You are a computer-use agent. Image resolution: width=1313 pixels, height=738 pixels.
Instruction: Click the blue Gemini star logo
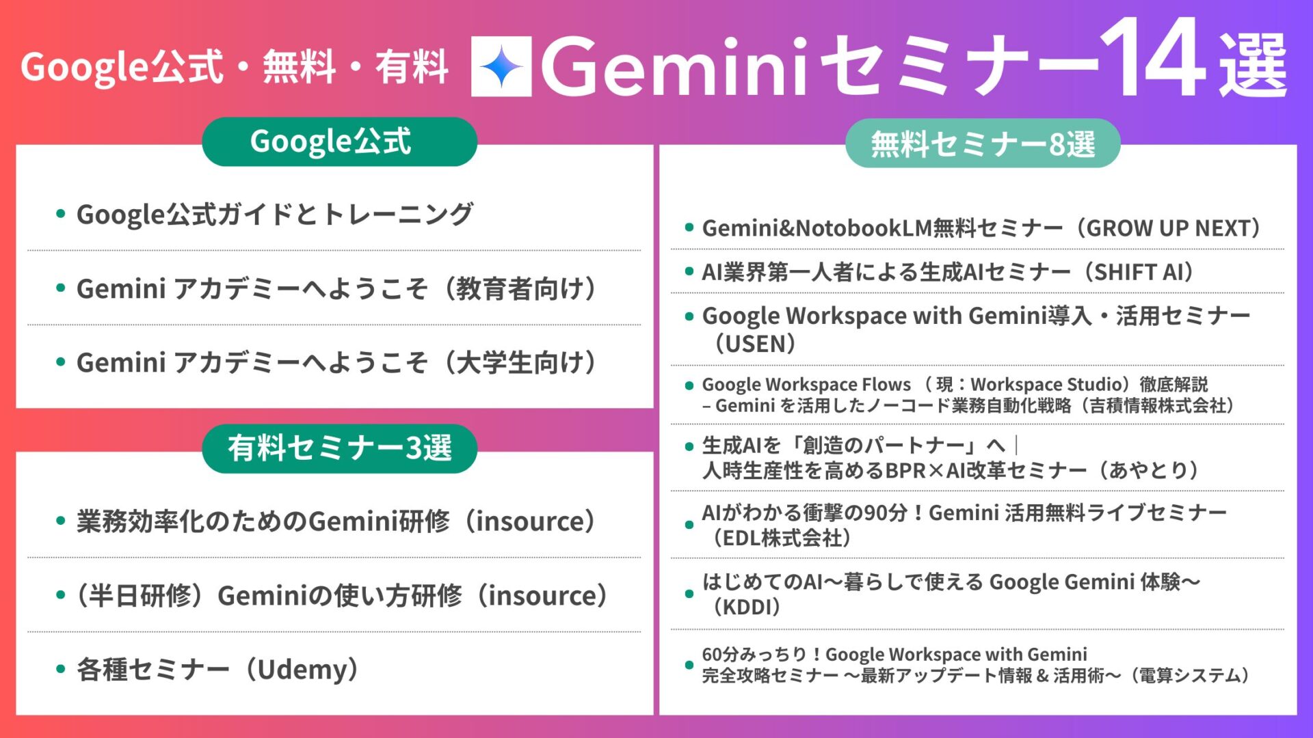click(x=501, y=66)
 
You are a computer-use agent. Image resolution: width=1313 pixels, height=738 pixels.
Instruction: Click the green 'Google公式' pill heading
click(x=339, y=141)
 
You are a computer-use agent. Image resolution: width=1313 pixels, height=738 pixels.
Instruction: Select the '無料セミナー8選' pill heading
click(x=983, y=143)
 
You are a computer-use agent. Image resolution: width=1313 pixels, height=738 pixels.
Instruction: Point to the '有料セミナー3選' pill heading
click(x=339, y=448)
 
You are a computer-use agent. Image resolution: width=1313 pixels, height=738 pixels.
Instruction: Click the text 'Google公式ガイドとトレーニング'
click(x=274, y=214)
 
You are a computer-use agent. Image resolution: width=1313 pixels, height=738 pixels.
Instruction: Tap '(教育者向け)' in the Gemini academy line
click(x=522, y=288)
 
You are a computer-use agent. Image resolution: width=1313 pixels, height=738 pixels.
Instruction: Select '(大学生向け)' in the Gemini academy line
click(x=522, y=362)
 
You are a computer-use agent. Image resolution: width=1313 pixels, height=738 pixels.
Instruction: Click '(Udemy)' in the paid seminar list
click(x=303, y=669)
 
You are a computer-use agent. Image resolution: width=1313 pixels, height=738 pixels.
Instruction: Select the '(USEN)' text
click(x=751, y=343)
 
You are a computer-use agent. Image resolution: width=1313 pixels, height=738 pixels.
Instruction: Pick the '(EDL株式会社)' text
click(x=779, y=538)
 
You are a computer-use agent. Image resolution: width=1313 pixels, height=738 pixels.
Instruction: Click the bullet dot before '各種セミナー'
click(x=61, y=669)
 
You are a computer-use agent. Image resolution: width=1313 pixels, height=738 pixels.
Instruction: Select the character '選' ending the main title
click(x=1253, y=65)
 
